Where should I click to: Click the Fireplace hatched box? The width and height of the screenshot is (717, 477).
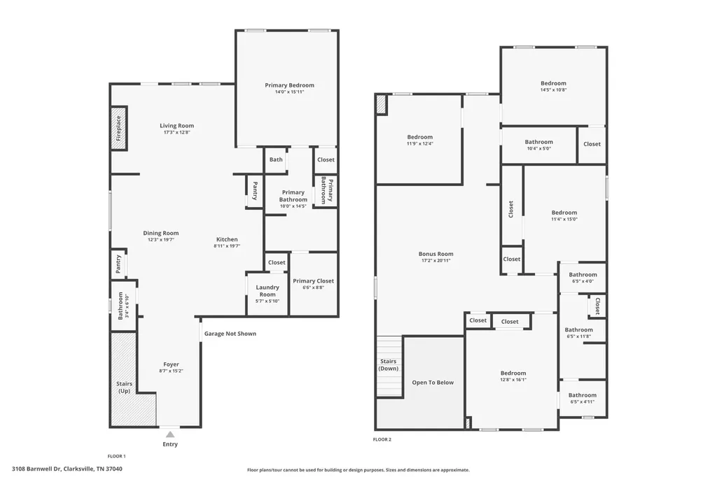118,128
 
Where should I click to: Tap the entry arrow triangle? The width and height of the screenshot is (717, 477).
170,434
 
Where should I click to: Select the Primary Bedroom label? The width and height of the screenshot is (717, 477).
289,85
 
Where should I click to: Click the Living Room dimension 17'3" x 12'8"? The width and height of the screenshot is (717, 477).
176,132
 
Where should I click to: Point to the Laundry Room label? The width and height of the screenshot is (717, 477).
267,290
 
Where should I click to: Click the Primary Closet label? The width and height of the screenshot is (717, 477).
313,281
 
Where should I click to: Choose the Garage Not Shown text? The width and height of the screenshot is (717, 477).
230,334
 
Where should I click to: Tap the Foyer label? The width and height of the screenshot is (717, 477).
171,364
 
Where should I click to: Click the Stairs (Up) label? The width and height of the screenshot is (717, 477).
125,387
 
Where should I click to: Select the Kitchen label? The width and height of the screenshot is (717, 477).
227,239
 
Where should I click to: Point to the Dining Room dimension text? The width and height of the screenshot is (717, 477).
161,240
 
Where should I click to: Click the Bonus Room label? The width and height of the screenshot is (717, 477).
436,254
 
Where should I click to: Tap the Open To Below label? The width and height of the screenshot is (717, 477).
433,383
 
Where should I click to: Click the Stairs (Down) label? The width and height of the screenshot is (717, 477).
388,364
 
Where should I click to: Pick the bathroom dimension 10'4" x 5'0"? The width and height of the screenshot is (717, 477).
538,148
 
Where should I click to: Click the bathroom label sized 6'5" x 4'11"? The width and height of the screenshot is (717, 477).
583,395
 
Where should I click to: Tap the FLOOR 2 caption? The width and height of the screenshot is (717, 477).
382,439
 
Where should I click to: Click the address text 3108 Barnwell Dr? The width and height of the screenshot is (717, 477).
36,469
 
